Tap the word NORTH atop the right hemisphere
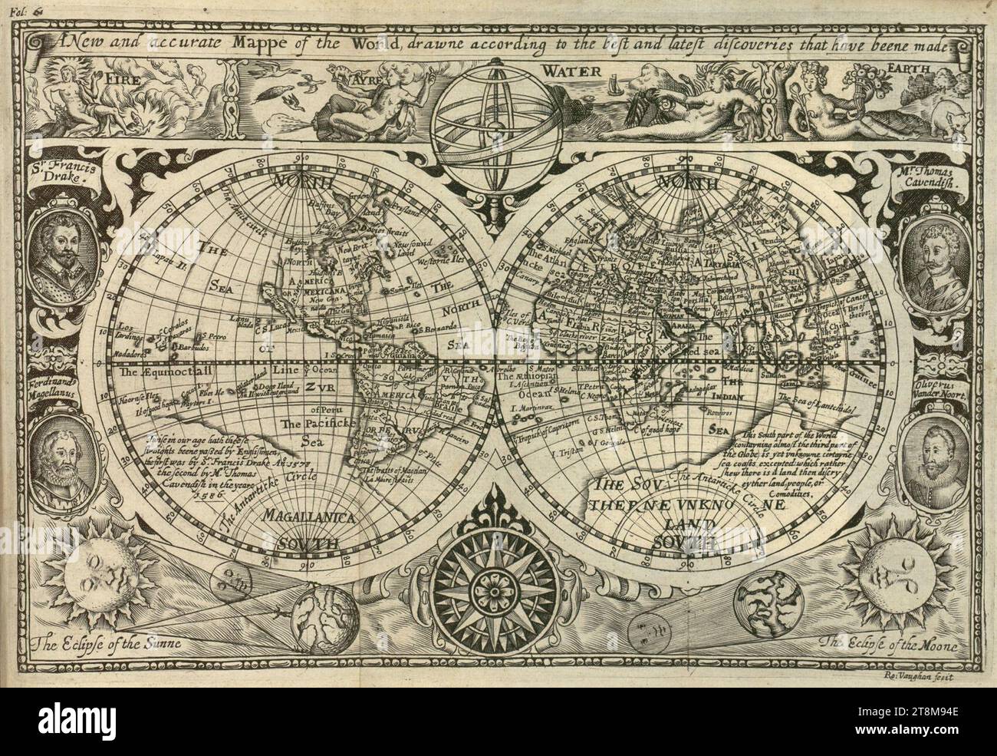pyautogui.click(x=686, y=184)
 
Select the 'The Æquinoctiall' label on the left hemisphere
pyautogui.click(x=169, y=370)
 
